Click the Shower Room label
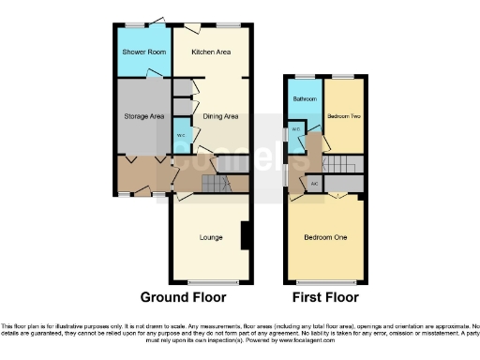[143, 52]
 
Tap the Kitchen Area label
[211, 52]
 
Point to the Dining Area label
[220, 116]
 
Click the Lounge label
[211, 237]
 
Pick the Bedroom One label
[325, 237]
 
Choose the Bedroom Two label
[343, 116]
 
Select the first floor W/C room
[294, 128]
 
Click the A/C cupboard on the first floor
[314, 182]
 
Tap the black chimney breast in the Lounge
[246, 235]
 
